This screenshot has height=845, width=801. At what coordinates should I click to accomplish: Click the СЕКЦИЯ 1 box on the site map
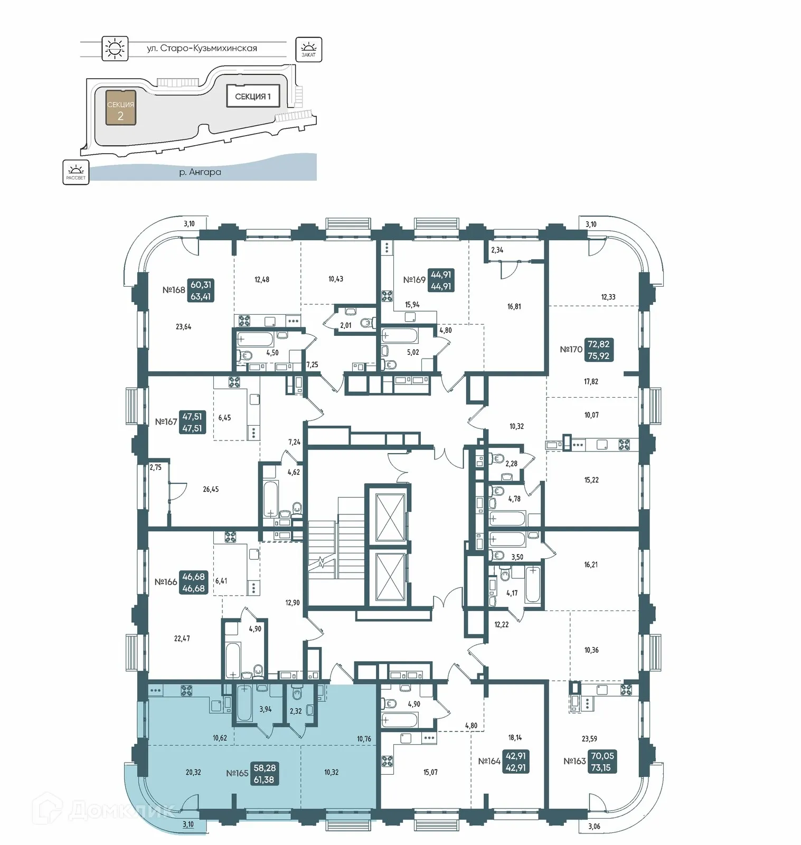point(253,96)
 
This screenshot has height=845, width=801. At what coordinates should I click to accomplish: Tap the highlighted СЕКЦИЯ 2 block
point(120,108)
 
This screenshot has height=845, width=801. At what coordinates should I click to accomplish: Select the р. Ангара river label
point(200,172)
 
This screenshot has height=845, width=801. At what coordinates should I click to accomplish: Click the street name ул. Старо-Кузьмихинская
point(202,48)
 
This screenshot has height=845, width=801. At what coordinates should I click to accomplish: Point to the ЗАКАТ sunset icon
point(308,49)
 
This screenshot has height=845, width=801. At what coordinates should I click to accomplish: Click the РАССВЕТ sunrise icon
point(76,172)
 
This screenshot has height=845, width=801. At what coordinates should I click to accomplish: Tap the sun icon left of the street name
point(115,49)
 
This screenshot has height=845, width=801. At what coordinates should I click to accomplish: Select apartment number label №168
point(174,290)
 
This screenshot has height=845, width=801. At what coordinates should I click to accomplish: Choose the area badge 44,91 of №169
point(441,280)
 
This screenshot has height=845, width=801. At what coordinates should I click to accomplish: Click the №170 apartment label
point(571,350)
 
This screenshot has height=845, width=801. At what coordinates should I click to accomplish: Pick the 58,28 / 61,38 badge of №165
point(264,774)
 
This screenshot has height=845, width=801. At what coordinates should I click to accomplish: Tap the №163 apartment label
point(574,762)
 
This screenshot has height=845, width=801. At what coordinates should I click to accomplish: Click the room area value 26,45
point(211,490)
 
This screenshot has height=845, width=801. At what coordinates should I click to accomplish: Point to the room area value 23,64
point(183,327)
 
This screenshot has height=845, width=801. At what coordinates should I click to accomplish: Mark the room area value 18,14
point(515,738)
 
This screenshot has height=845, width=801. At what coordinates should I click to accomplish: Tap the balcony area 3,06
point(594,827)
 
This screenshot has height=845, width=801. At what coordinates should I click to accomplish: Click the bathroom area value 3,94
point(265,709)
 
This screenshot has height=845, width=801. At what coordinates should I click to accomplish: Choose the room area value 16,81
point(514,306)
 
